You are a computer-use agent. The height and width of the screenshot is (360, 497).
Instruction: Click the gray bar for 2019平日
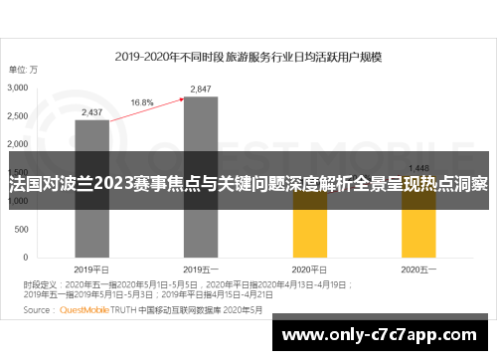pos(91,189)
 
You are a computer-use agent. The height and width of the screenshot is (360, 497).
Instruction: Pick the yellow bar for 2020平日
pos(309,228)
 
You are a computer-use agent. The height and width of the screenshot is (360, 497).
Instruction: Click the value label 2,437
pos(91,112)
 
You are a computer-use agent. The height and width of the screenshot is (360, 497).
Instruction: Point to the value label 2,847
pos(201,90)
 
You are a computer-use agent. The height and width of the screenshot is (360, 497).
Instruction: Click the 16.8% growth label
pos(141,101)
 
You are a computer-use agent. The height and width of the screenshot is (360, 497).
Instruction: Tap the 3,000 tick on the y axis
pos(19,89)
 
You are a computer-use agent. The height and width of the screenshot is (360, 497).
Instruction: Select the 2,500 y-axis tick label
pos(19,116)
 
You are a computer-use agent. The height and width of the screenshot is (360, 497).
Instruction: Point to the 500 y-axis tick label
pos(23,230)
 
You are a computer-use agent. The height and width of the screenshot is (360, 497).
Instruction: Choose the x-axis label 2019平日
pos(91,269)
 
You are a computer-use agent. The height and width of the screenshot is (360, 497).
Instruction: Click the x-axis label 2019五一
pos(200,269)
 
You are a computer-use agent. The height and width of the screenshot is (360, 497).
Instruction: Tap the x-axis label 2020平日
pos(309,269)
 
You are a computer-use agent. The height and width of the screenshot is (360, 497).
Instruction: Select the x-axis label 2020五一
pos(417,269)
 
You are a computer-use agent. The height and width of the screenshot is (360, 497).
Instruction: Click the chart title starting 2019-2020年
pos(248,57)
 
